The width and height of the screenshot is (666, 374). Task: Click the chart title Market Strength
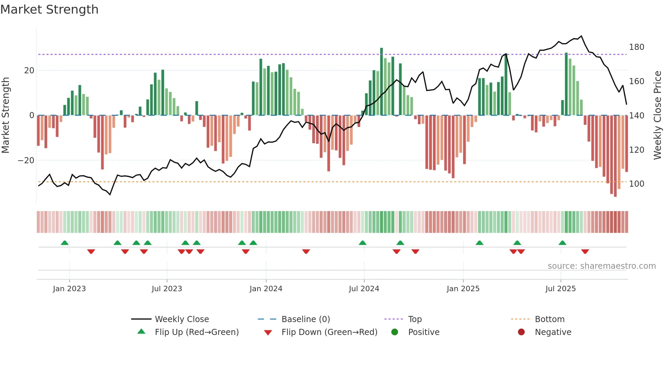tap(49, 10)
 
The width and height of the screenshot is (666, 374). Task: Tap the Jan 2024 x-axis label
tap(266, 289)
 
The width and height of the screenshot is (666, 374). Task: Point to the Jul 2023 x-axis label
tap(167, 289)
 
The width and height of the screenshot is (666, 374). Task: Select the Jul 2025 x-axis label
tap(561, 289)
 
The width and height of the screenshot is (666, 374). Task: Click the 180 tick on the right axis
tap(636, 47)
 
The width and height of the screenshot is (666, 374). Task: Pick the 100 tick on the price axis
tap(636, 184)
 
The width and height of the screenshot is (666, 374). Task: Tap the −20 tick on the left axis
tap(26, 161)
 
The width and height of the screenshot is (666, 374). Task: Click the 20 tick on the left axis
tap(29, 71)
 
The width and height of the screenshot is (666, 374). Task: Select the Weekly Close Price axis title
tap(658, 115)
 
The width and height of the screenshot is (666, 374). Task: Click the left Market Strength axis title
tap(6, 115)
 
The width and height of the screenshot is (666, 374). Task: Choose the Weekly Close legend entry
tap(181, 319)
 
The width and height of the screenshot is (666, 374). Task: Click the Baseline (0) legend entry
tap(305, 319)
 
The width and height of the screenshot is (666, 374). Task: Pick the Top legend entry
tap(415, 319)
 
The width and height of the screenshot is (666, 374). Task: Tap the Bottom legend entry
tap(549, 319)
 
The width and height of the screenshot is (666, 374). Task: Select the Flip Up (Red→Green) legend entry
tap(196, 332)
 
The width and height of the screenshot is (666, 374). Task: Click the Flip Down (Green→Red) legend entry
tap(329, 332)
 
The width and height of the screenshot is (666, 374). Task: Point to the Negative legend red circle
tap(521, 332)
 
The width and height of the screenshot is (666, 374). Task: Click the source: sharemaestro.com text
tap(601, 266)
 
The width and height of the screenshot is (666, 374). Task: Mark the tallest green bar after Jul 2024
tap(382, 81)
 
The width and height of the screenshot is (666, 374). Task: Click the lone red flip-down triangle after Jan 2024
tap(306, 251)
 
